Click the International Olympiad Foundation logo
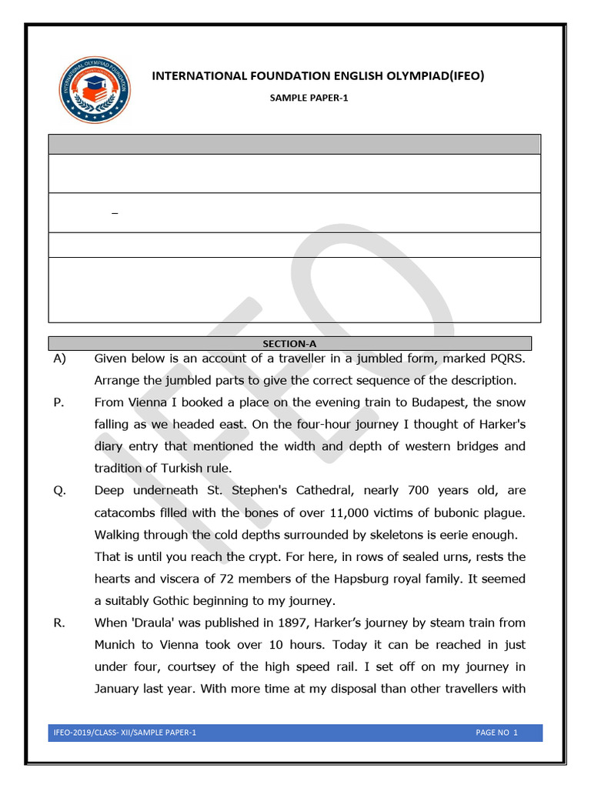pyautogui.click(x=95, y=90)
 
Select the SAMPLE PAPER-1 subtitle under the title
pyautogui.click(x=309, y=98)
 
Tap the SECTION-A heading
pyautogui.click(x=290, y=344)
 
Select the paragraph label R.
pyautogui.click(x=58, y=623)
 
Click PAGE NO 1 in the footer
pyautogui.click(x=496, y=733)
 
